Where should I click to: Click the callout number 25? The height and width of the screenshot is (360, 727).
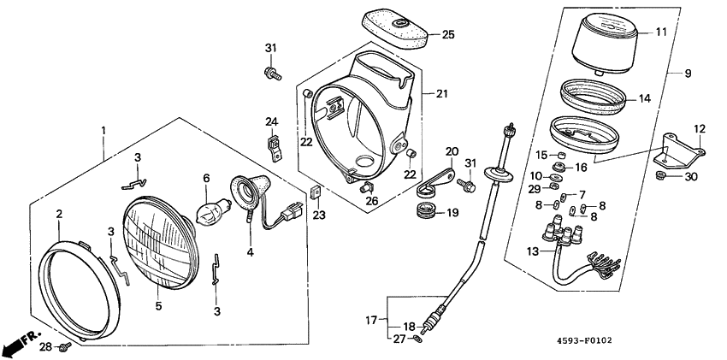tap(448, 34)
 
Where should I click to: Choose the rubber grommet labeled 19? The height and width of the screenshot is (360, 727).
tap(424, 210)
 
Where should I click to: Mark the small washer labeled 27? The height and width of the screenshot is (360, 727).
tap(417, 339)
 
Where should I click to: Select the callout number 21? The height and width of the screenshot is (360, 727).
tap(441, 92)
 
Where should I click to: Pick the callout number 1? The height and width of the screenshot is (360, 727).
tap(103, 130)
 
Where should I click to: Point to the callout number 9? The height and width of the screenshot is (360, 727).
tap(687, 74)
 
